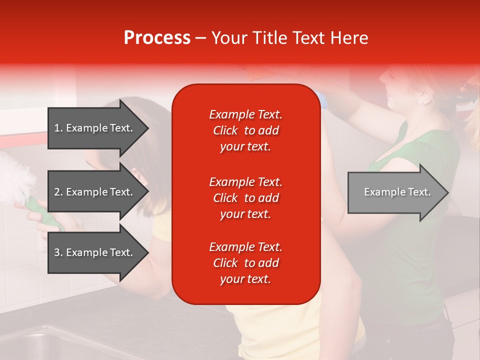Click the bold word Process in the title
(157, 38)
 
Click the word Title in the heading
(270, 38)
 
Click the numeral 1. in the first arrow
(58, 128)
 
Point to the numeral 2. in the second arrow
(58, 192)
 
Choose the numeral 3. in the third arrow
(58, 252)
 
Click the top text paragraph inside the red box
(245, 130)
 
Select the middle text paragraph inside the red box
(245, 198)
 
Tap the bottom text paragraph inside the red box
(245, 263)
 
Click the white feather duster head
(15, 177)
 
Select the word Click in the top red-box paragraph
(225, 130)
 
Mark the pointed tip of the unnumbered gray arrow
(447, 192)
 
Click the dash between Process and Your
(200, 38)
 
